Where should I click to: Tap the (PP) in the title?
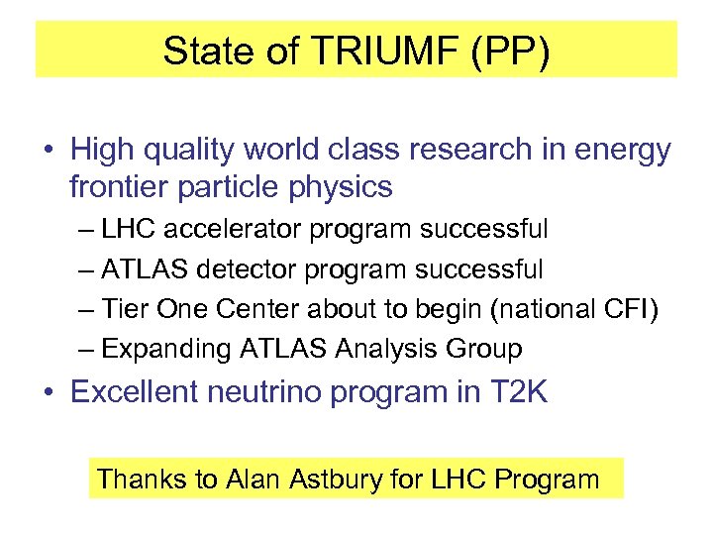pyautogui.click(x=509, y=51)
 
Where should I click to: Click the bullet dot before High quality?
pyautogui.click(x=48, y=151)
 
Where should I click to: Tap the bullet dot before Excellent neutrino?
pyautogui.click(x=48, y=392)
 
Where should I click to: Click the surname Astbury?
pyautogui.click(x=333, y=480)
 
